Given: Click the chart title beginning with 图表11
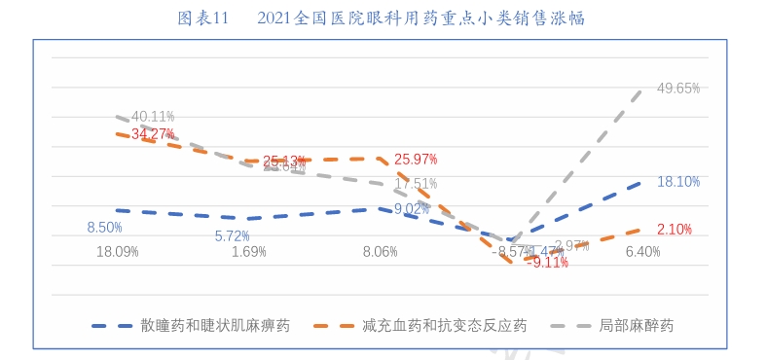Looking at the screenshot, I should coord(382,18).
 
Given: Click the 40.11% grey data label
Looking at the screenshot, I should coord(153,117).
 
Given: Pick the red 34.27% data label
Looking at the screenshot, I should coord(153,133).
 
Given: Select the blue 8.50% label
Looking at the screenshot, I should coord(104,228).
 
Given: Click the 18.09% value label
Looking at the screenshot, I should coord(117,251).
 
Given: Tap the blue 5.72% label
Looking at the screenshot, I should coord(233,235).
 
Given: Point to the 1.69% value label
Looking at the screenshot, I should coord(248,251).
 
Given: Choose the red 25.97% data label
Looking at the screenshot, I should coord(416,159).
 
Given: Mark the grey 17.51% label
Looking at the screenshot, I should coord(416,183).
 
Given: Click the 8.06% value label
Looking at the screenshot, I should coord(380,251).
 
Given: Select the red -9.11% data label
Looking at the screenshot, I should coord(547,263).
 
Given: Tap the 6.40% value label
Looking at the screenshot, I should coord(643,251).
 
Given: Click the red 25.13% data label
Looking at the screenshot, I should coord(285,160).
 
